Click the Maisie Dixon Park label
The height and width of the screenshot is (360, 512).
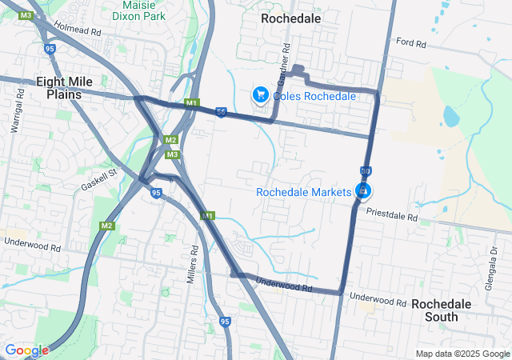pos(138,10)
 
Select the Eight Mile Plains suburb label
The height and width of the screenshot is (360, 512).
pos(64,87)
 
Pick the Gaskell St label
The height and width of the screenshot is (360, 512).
pos(98,180)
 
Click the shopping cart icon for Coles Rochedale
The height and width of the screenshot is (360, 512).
pos(260,95)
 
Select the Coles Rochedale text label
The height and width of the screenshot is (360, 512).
pos(314,96)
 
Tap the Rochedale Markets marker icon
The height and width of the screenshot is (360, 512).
pos(364,191)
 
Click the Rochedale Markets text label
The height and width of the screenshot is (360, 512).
pos(303,192)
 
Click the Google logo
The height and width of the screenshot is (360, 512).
pos(26,350)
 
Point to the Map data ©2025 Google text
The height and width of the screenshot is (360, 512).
pos(462,354)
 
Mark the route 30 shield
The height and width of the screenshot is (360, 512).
pos(365,171)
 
